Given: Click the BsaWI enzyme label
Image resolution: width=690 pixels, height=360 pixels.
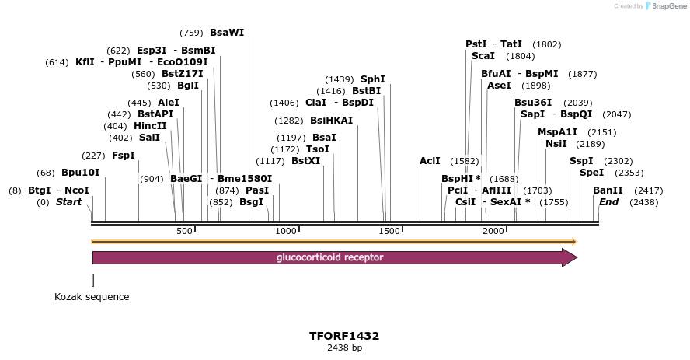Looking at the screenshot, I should [227, 33].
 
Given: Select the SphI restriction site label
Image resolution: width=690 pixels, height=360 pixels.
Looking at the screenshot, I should [372, 79].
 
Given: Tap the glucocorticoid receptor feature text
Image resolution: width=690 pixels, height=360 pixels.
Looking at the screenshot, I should [329, 257].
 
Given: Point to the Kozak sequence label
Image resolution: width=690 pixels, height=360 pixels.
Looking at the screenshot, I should [92, 297].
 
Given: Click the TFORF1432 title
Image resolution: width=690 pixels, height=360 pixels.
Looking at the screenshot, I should [344, 336].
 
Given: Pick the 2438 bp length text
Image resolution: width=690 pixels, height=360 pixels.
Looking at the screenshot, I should [344, 348].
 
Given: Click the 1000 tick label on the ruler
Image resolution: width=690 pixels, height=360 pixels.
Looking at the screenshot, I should [286, 231].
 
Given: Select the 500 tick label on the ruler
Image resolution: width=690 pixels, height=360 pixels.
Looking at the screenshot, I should [184, 231].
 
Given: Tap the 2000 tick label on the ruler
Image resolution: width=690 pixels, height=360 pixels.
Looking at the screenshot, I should [493, 231].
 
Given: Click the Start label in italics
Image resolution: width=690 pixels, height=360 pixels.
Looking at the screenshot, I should [68, 202].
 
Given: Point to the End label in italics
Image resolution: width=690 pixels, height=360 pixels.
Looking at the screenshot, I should [608, 202].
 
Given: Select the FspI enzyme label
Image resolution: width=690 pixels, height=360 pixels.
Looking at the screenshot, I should [124, 156].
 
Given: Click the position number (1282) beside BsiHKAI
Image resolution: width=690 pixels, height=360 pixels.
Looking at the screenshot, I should [289, 121].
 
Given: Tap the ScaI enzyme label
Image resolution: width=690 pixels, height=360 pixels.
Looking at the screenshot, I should [483, 56].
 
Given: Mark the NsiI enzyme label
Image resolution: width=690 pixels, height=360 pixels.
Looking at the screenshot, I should [556, 144].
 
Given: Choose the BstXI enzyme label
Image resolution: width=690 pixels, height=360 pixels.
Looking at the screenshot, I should [305, 161].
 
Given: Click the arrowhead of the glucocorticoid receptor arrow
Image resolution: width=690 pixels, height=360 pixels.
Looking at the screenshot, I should [570, 258].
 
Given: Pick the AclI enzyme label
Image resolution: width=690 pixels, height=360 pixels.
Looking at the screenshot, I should [430, 161].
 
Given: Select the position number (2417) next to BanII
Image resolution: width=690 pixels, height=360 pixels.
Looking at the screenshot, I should [649, 190].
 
